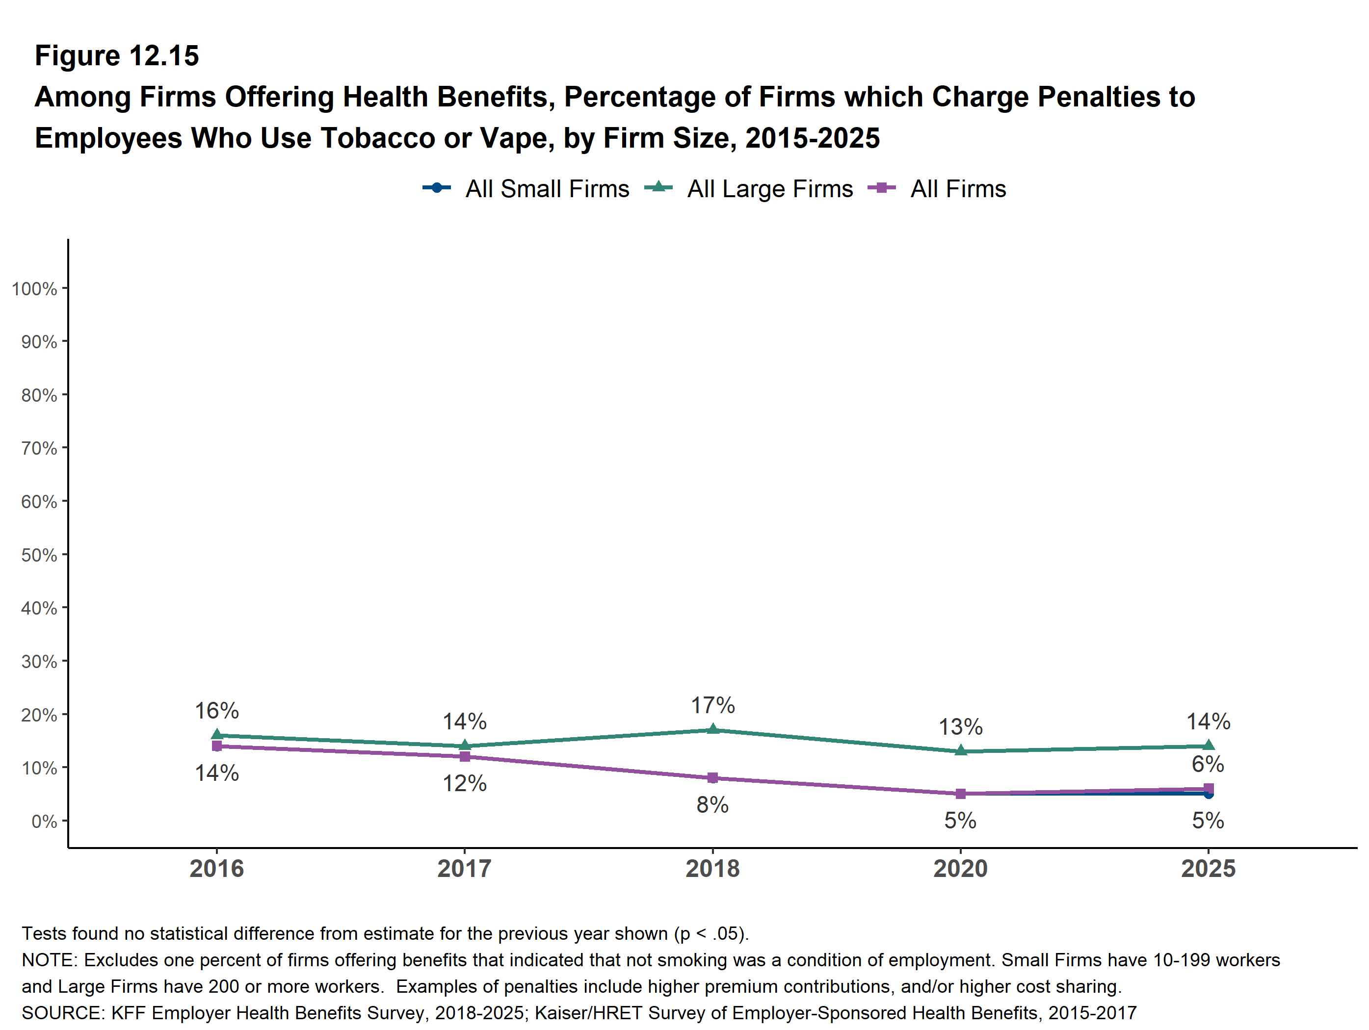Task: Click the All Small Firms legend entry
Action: click(526, 189)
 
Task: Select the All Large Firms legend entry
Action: click(748, 189)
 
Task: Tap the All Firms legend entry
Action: click(937, 189)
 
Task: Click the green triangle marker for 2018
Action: click(713, 729)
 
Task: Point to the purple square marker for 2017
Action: click(465, 757)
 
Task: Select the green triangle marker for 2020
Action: click(961, 750)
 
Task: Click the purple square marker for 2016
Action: click(216, 746)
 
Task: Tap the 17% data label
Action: click(713, 705)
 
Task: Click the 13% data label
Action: click(961, 727)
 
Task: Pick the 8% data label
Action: click(712, 805)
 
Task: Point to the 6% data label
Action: click(1208, 764)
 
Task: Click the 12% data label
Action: click(464, 783)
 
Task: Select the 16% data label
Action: click(216, 711)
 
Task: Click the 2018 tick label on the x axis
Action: click(712, 869)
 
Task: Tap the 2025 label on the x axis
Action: click(1208, 869)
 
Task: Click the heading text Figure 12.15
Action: click(117, 56)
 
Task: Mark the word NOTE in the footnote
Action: click(47, 960)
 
